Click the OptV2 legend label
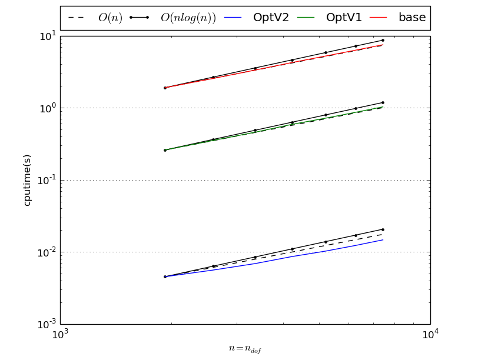[x=271, y=18]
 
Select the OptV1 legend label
[x=344, y=18]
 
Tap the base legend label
[x=412, y=18]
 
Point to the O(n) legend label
[x=110, y=18]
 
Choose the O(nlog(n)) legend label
[x=188, y=18]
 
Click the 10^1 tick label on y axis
[x=47, y=36]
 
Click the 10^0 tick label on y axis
[x=47, y=108]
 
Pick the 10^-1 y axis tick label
[x=47, y=180]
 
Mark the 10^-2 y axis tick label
[x=47, y=252]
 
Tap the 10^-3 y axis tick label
[x=47, y=324]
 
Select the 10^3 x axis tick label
[x=60, y=334]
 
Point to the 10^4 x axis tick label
[x=430, y=334]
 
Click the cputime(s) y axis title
[x=27, y=180]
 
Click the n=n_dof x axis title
[x=245, y=349]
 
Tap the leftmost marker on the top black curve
[x=165, y=88]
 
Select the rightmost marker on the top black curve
[x=383, y=41]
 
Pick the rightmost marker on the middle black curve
[x=383, y=102]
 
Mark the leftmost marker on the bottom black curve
[x=165, y=276]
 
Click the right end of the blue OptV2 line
[x=383, y=239]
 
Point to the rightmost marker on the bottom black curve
[x=383, y=229]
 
